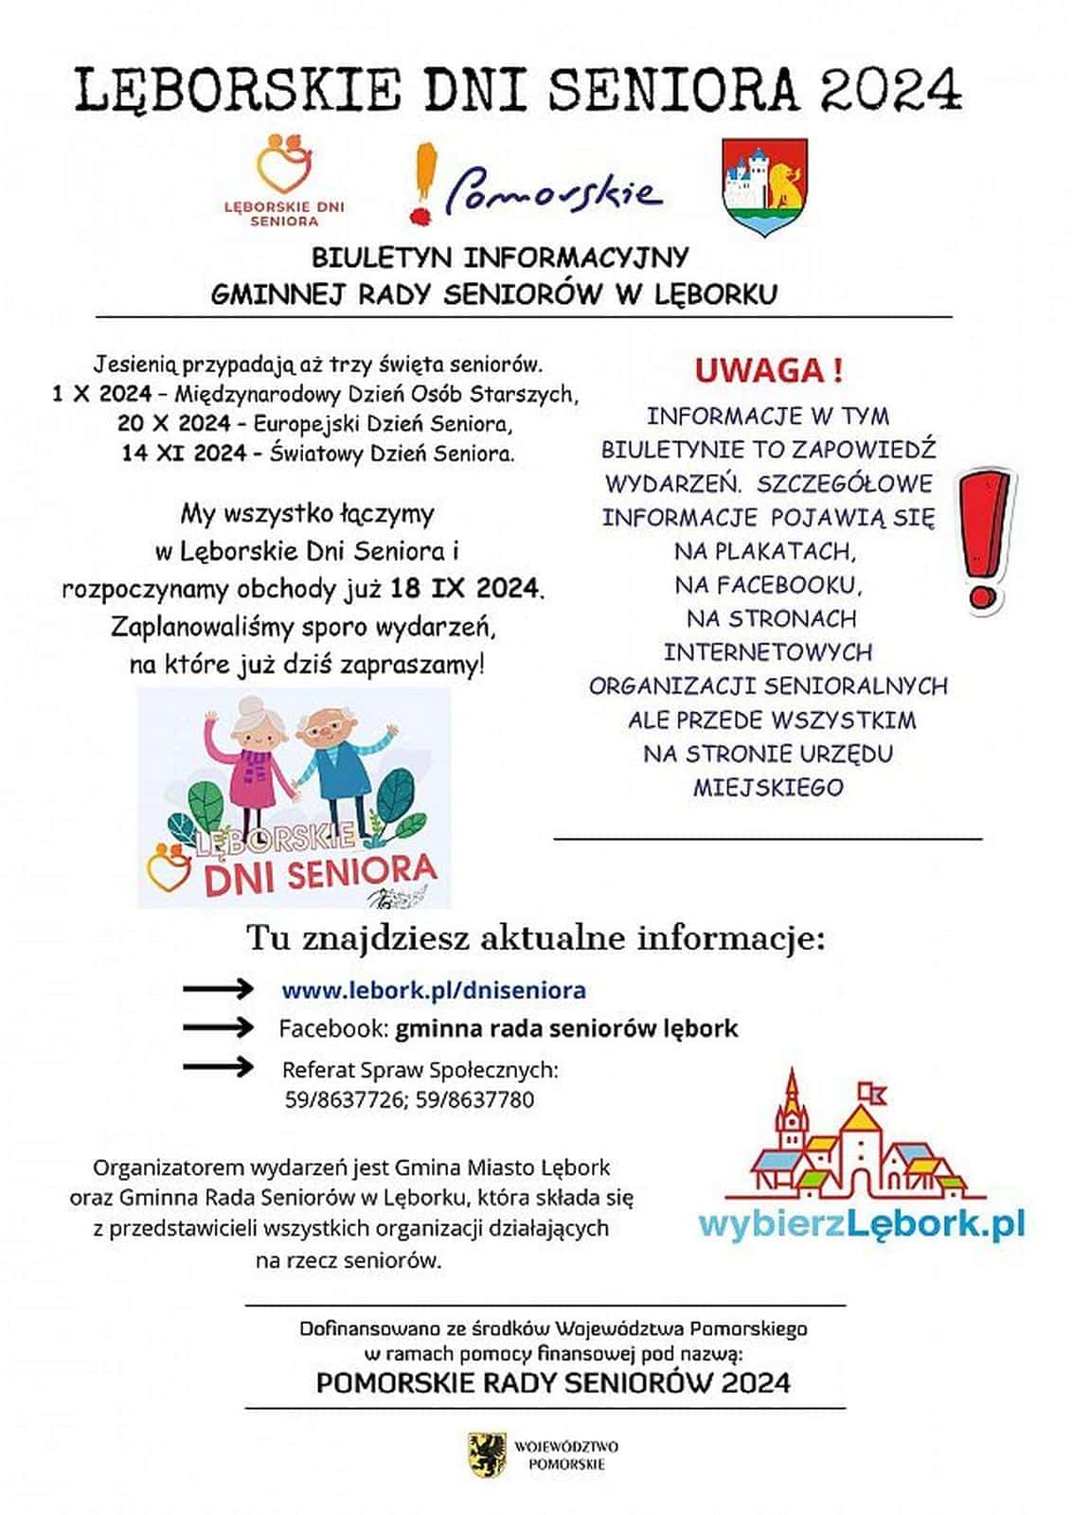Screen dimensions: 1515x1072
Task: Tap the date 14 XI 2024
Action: [184, 454]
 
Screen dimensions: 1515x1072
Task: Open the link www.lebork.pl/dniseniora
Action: [434, 990]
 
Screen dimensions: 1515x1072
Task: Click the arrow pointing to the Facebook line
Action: [218, 1027]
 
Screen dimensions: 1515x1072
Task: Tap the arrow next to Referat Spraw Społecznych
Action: [218, 1067]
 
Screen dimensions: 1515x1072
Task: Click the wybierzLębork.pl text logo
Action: [861, 1224]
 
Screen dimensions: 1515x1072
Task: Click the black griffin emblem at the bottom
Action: [488, 1454]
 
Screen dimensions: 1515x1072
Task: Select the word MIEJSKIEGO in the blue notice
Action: [767, 788]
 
